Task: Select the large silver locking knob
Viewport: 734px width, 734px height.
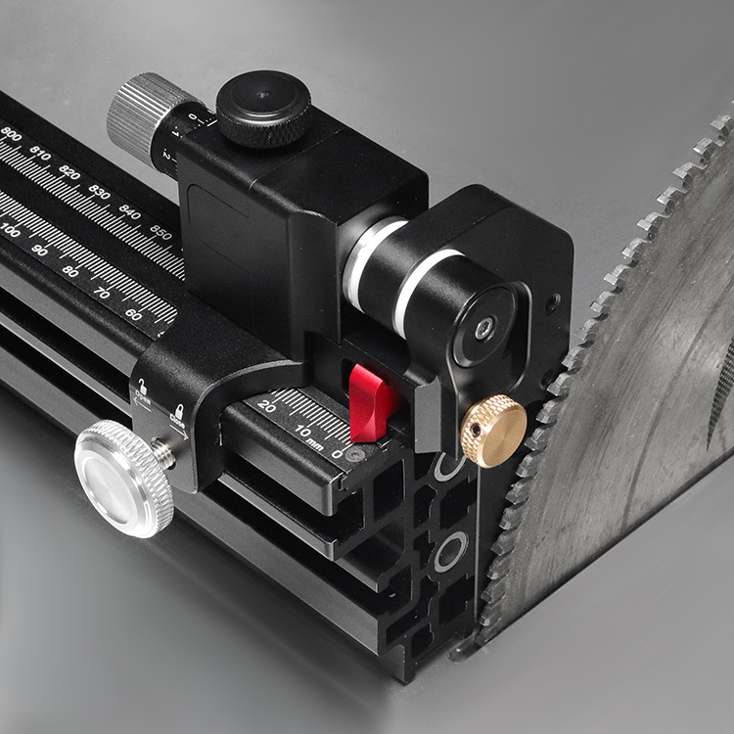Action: click(x=122, y=479)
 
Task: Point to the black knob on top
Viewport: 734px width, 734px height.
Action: click(x=263, y=107)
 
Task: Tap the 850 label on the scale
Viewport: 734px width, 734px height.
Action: click(x=161, y=233)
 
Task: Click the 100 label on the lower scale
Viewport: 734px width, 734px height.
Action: click(x=10, y=231)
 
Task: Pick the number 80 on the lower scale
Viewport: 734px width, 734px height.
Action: click(x=70, y=271)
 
